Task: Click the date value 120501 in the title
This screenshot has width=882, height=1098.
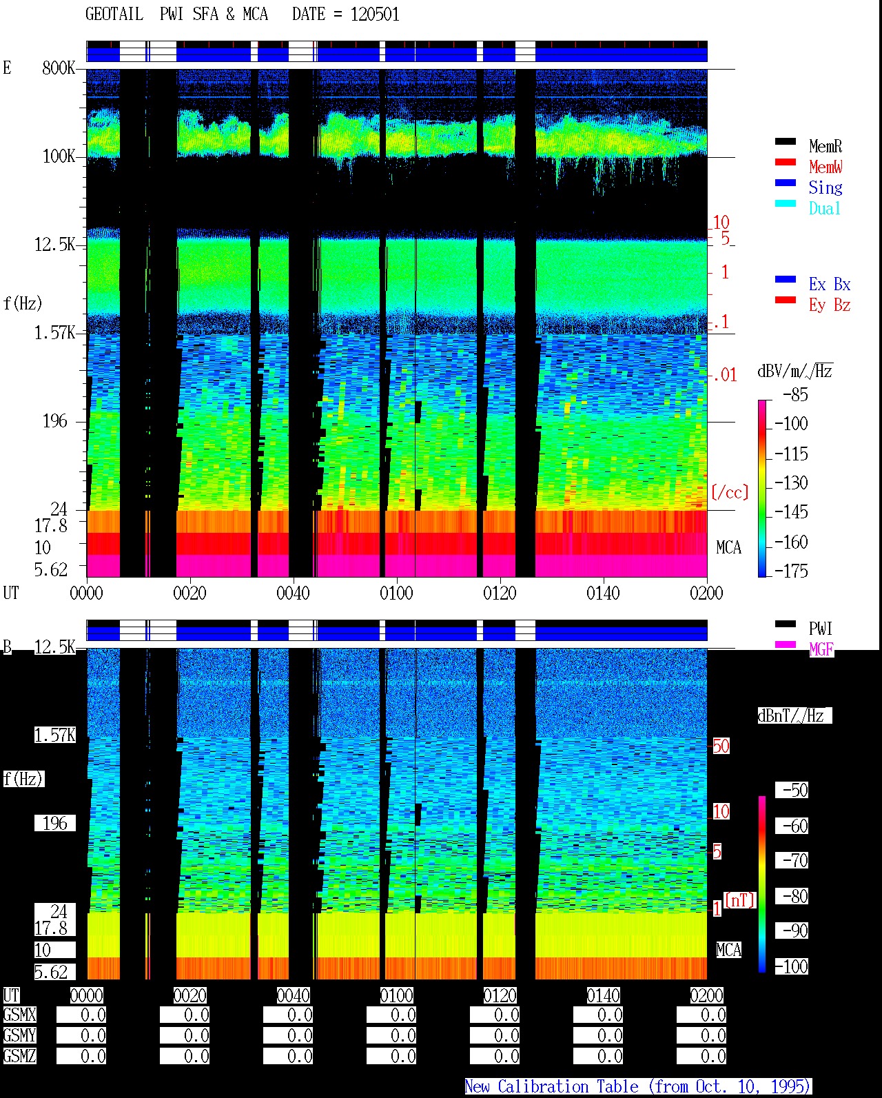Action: click(x=375, y=14)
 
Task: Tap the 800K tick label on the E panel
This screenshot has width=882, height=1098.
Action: click(x=59, y=68)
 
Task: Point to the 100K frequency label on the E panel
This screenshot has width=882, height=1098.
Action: click(x=59, y=156)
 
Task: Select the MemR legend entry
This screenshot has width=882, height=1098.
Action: click(x=825, y=146)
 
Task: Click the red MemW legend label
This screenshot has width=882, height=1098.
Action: click(x=825, y=167)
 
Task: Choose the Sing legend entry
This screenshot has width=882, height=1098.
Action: click(x=825, y=187)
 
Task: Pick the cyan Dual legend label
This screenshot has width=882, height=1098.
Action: click(x=825, y=208)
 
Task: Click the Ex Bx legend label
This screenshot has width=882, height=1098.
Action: click(x=830, y=284)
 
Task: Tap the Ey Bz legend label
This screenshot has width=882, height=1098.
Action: click(x=830, y=305)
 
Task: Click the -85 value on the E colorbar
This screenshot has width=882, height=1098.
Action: click(x=795, y=394)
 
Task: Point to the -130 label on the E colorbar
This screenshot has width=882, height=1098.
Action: click(x=791, y=482)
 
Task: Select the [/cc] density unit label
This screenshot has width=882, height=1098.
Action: click(x=730, y=492)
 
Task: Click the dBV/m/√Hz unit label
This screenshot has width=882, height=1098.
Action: click(x=795, y=371)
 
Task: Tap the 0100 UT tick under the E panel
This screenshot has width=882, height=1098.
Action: click(x=396, y=593)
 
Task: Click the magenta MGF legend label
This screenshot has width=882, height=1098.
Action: click(x=821, y=649)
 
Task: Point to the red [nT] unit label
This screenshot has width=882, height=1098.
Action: click(x=739, y=900)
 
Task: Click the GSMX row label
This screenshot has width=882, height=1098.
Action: click(x=20, y=1015)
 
